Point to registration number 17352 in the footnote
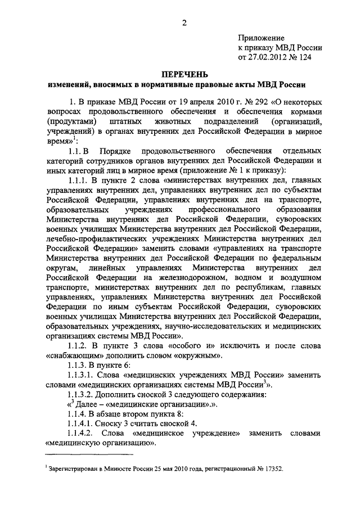273,468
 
